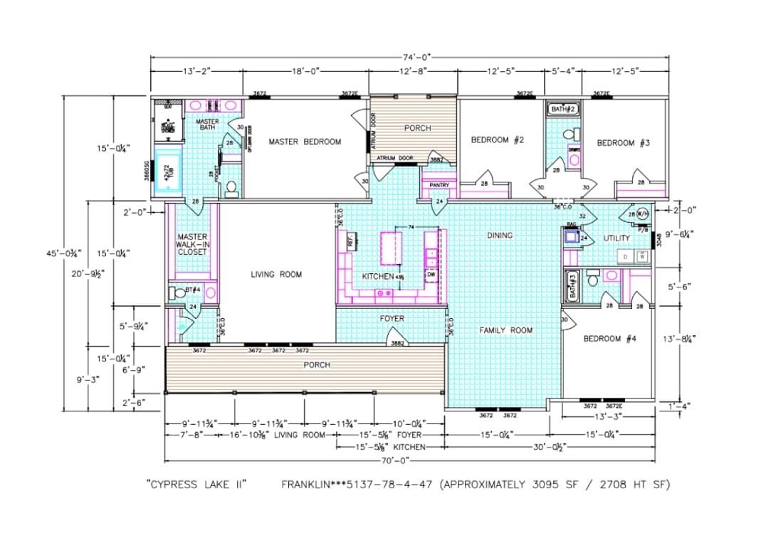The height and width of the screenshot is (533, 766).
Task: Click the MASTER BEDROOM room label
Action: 305,142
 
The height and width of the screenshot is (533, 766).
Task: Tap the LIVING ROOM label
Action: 276,274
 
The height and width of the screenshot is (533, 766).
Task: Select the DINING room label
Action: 500,235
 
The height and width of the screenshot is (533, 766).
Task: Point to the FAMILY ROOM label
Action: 505,330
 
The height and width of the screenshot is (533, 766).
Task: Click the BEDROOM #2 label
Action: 498,140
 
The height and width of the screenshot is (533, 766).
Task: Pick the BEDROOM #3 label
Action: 623,143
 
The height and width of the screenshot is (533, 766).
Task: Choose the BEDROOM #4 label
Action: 609,339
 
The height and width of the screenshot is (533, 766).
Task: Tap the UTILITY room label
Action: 617,238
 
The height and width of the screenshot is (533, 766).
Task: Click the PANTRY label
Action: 439,185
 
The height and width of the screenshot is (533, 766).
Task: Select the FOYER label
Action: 392,319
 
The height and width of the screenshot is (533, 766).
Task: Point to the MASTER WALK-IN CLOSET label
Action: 192,244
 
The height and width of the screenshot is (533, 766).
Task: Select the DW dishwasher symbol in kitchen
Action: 431,274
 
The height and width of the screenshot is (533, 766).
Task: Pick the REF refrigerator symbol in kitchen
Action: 351,242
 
